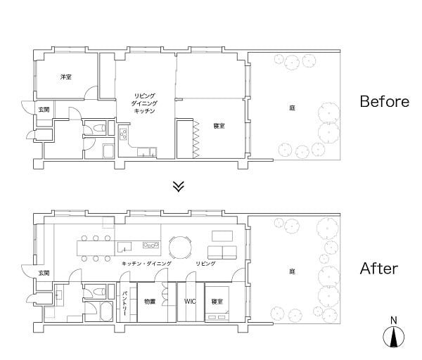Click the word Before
click(384, 101)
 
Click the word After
click(379, 269)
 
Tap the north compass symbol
click(394, 333)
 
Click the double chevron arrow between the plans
click(179, 186)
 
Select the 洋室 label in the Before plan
click(66, 77)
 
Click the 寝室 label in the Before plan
click(219, 126)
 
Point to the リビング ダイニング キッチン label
click(145, 103)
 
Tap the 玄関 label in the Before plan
click(44, 110)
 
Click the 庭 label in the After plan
click(293, 271)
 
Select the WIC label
click(190, 302)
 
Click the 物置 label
click(150, 302)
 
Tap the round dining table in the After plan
click(180, 247)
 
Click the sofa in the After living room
click(222, 252)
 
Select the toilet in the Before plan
click(98, 128)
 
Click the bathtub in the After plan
click(106, 311)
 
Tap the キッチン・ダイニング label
click(146, 264)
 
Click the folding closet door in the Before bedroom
click(196, 139)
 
